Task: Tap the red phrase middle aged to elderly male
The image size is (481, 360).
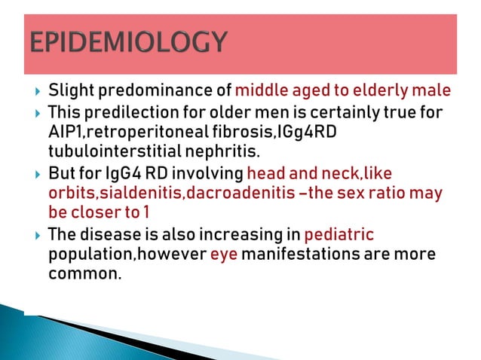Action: click(x=343, y=92)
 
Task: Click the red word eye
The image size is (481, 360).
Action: click(x=223, y=254)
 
